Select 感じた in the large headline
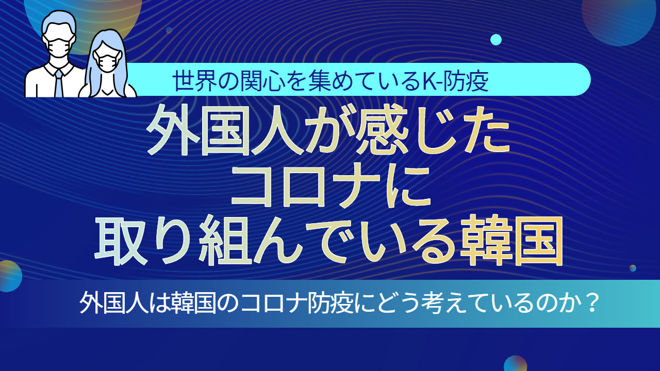click(432, 131)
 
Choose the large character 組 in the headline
click(225, 240)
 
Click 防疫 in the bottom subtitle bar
click(330, 302)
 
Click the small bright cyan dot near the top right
click(496, 40)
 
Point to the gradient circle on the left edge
click(9, 276)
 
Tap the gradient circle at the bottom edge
click(515, 364)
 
